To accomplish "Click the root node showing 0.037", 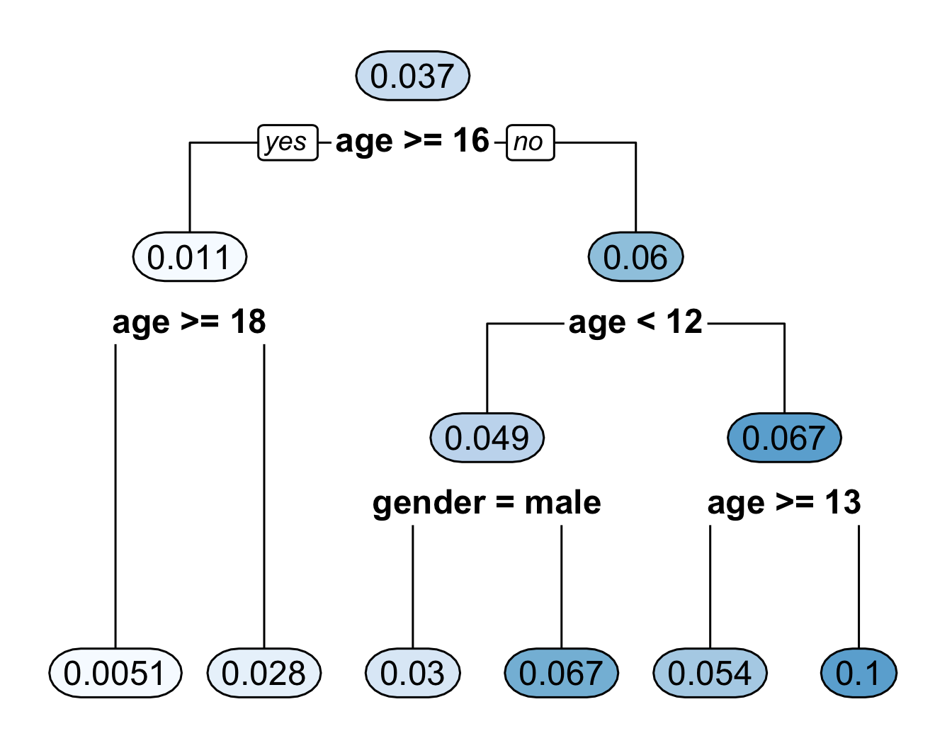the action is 412,76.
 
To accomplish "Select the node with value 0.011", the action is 189,257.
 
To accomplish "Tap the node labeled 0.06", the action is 635,257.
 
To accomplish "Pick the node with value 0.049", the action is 487,438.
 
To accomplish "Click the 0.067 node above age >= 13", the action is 784,438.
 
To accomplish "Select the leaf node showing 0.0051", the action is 115,673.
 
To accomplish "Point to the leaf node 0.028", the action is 263,673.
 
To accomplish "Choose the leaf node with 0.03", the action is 412,673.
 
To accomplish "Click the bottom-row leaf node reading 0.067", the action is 561,673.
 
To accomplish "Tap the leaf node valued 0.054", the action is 710,673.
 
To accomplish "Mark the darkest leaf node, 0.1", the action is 858,673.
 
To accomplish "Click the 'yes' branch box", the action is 287,142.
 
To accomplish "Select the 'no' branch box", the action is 530,142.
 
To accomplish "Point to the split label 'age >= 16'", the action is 412,141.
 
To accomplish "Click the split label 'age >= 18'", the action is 189,322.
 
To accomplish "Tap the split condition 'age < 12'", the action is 635,322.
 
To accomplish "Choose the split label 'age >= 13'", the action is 784,503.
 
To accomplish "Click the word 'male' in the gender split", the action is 562,503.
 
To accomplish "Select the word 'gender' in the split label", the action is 429,503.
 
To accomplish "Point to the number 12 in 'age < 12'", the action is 684,322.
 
